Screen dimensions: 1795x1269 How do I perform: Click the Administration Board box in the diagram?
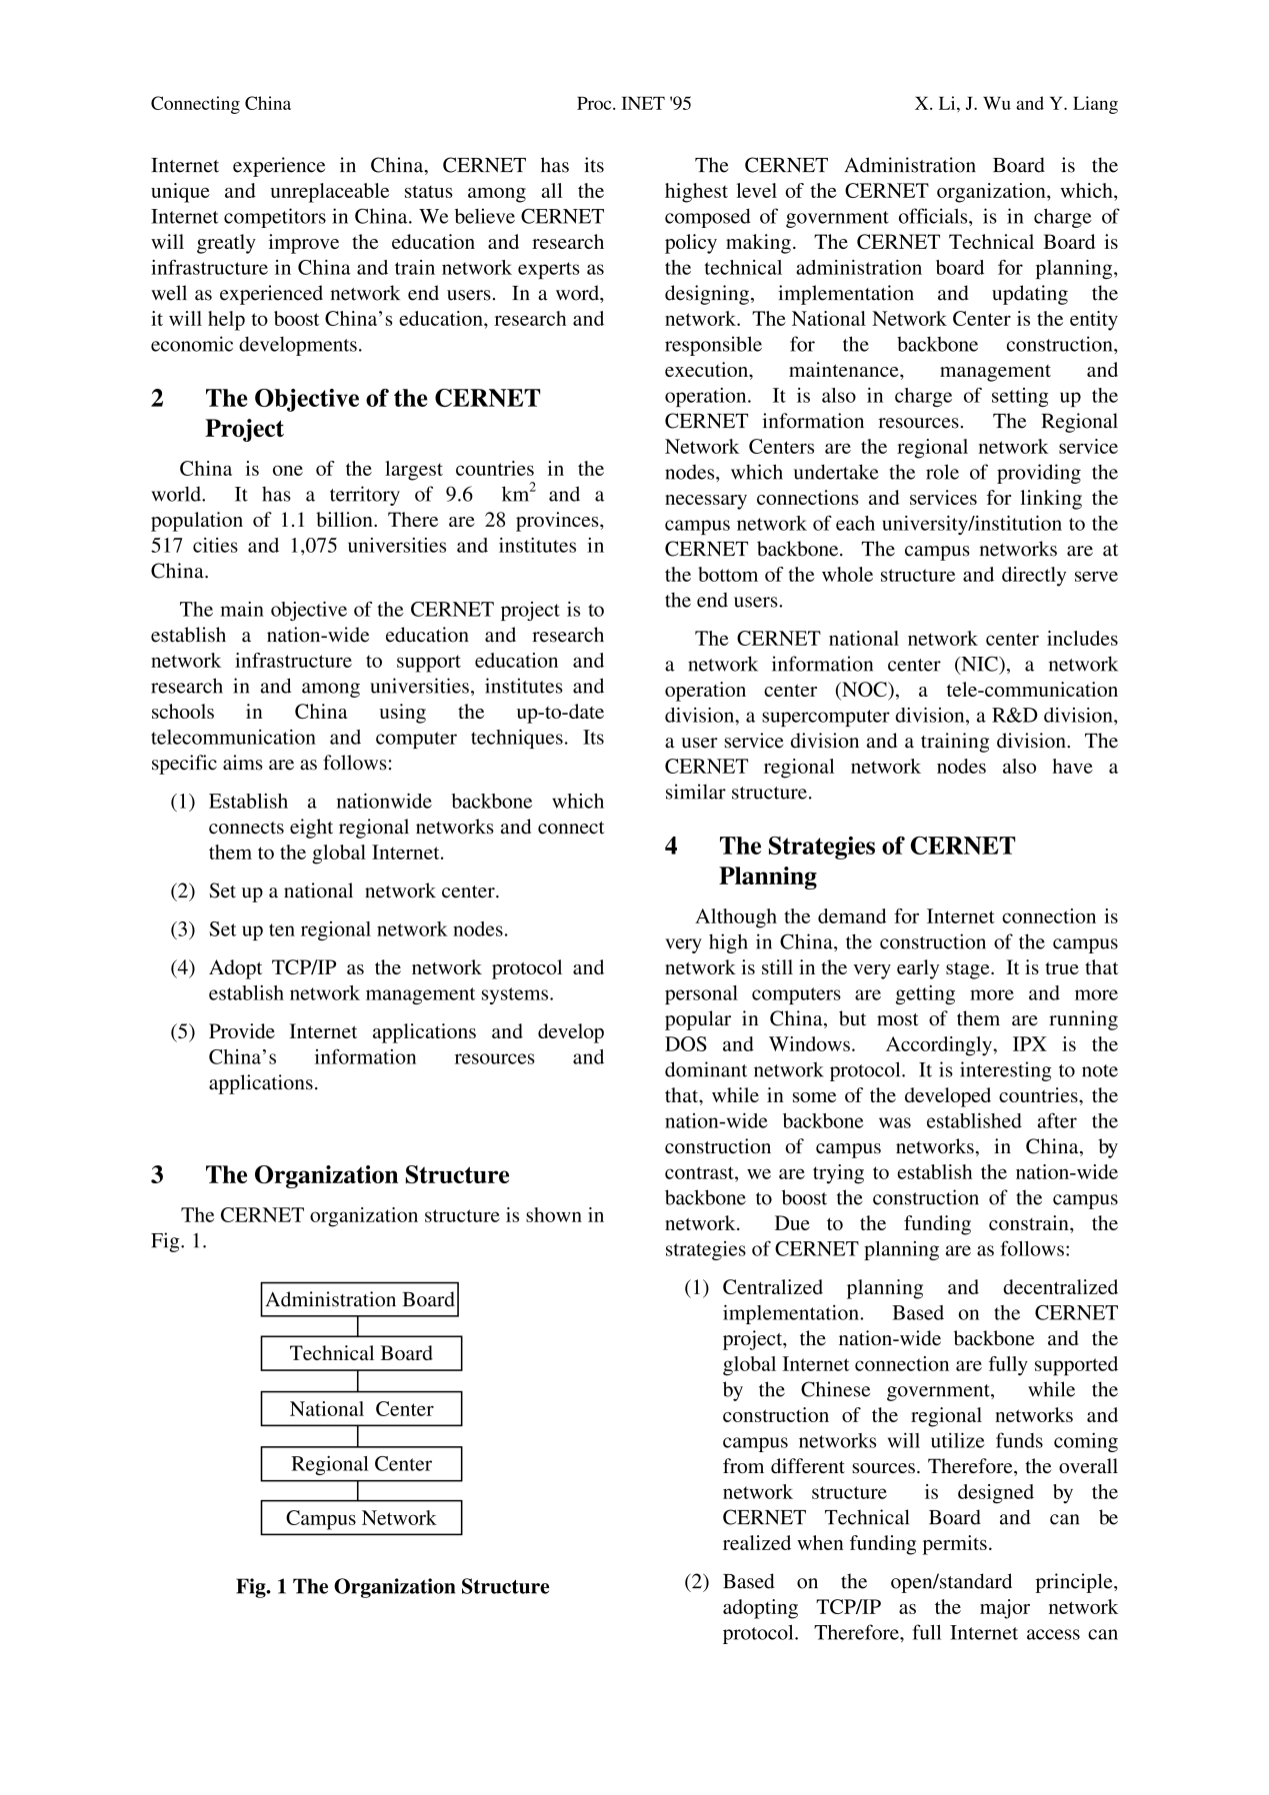click(x=360, y=1299)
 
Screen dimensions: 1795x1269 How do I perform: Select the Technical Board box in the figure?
click(x=361, y=1353)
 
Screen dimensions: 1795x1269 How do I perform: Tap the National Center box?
click(x=361, y=1409)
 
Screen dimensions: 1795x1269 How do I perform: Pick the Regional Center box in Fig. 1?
click(x=361, y=1464)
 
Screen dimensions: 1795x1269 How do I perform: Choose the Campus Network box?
click(x=361, y=1518)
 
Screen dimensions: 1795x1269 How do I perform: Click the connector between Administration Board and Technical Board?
click(x=358, y=1326)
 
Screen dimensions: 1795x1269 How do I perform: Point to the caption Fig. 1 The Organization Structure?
click(x=393, y=1587)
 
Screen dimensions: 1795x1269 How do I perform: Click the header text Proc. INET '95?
click(x=634, y=104)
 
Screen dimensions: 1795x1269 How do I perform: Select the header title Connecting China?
click(x=221, y=104)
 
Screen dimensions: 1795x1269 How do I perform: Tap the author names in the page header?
click(x=1016, y=104)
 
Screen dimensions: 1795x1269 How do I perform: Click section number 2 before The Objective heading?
click(x=158, y=399)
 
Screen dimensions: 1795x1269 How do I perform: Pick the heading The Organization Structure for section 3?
click(x=357, y=1175)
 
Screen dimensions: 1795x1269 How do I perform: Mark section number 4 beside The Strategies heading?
click(x=671, y=847)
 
